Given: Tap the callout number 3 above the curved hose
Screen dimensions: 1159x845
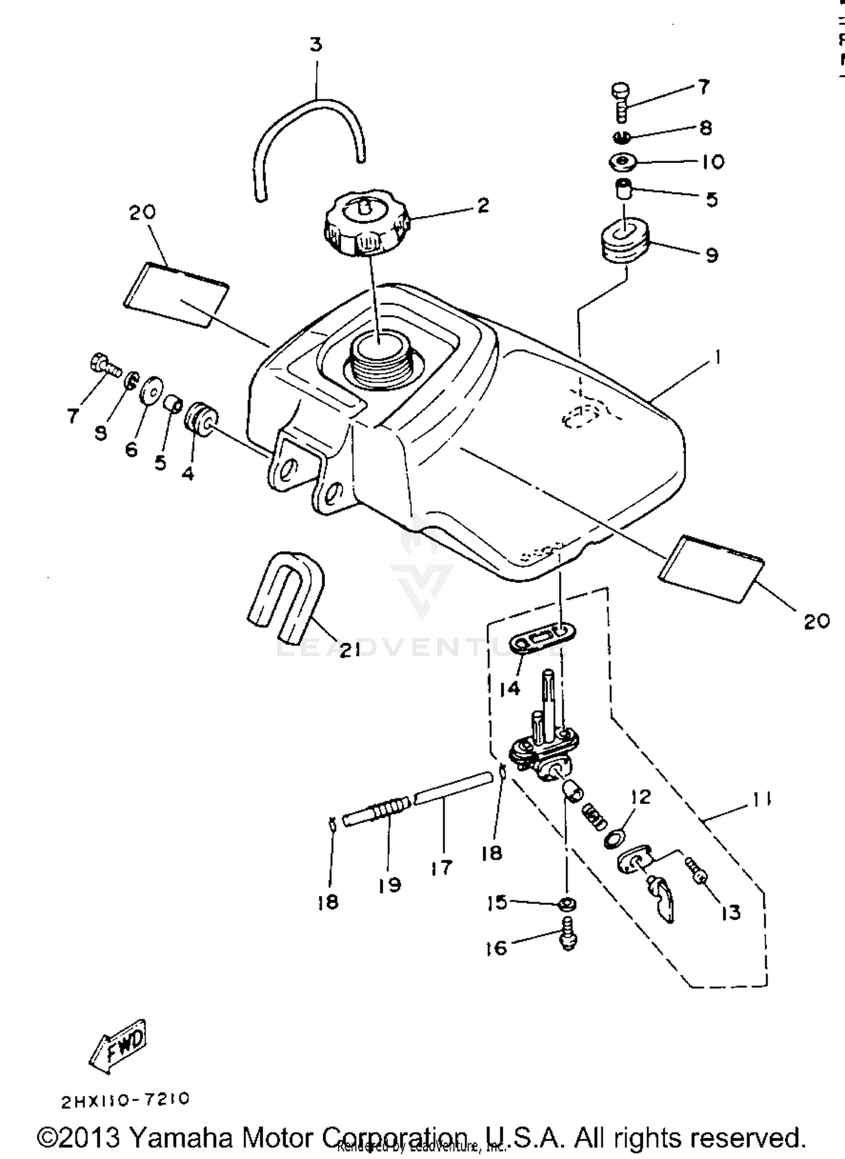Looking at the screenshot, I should (x=316, y=44).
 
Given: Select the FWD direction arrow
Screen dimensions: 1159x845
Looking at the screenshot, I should (x=119, y=1046).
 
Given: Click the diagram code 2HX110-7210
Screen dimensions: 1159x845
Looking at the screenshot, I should (x=125, y=1100).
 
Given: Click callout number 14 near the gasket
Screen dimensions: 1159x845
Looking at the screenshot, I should (x=510, y=688).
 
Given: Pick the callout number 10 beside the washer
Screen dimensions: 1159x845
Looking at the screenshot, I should (x=713, y=162).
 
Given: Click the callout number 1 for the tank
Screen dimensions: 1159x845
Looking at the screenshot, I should (x=717, y=357).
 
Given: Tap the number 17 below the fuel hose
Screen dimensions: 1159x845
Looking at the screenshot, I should (x=441, y=868).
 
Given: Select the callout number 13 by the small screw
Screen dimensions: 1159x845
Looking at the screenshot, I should (x=731, y=912).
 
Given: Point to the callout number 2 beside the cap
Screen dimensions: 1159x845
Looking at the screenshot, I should (x=483, y=206).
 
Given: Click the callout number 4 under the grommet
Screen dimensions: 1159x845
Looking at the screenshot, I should (x=188, y=474).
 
